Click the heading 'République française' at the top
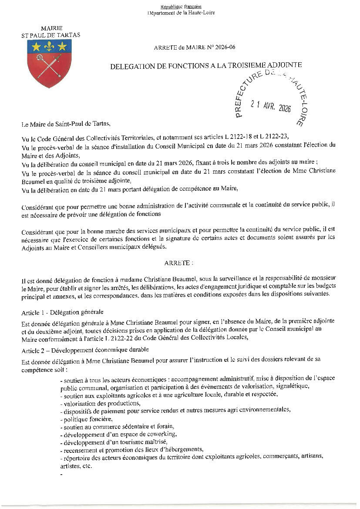tap(181, 7)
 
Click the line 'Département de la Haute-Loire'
tap(181, 13)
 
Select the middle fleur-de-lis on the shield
tap(49, 46)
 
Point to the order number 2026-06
tap(223, 47)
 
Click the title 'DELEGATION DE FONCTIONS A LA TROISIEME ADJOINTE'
tap(206, 65)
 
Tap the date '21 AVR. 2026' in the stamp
tap(271, 106)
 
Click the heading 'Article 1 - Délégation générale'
tap(62, 312)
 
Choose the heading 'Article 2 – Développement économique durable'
tap(85, 349)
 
